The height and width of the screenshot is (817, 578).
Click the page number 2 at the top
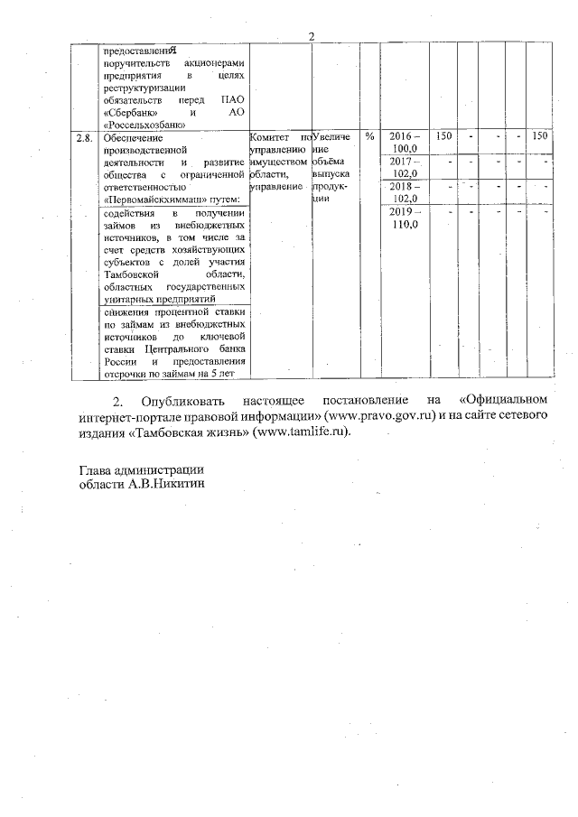[x=311, y=37]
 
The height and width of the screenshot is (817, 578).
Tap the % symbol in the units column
[x=370, y=136]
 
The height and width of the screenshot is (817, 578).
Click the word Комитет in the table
[x=270, y=137]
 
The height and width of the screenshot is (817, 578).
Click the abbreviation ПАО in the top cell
[x=232, y=101]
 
